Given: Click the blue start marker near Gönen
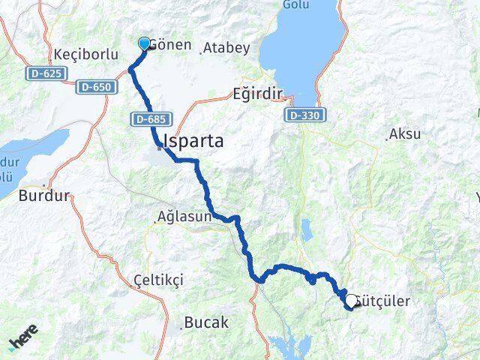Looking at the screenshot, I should [x=144, y=43].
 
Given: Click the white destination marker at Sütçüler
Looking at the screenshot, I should [x=351, y=301].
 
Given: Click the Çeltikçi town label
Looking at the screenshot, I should [x=157, y=279].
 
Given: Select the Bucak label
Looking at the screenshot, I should [x=208, y=322].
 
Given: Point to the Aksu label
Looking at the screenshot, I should [x=406, y=134].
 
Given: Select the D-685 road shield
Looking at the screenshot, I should [x=151, y=118].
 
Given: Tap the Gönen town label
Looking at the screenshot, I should [x=169, y=45].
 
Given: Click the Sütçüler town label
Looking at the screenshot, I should [x=386, y=301].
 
